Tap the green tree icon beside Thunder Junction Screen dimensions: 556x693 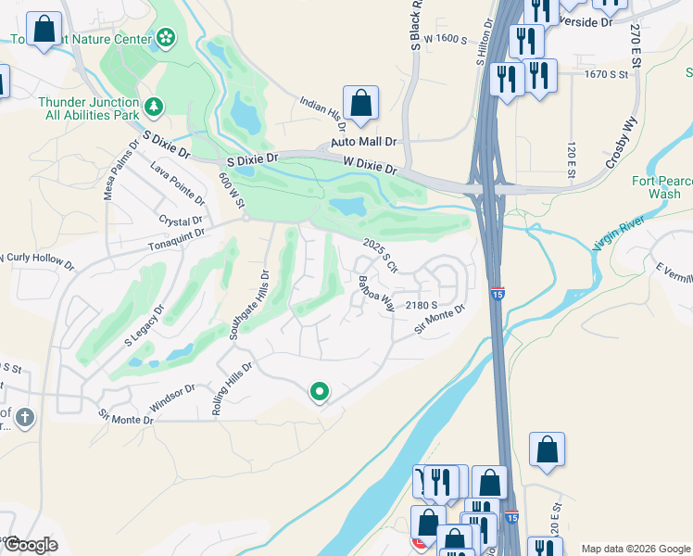tap(154, 108)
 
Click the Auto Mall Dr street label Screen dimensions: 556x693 tap(364, 143)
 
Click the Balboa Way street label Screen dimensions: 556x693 tap(377, 293)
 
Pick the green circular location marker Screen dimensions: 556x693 tap(320, 393)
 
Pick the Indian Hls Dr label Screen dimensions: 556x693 tap(322, 112)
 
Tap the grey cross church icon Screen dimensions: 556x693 tap(24, 417)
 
